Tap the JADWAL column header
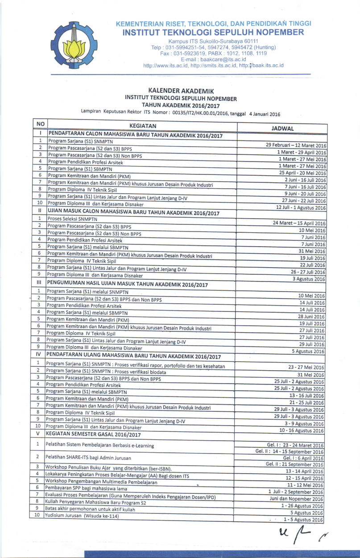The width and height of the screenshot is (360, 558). click(x=282, y=128)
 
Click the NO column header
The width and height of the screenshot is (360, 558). click(x=40, y=124)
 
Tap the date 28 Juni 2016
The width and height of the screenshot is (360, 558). click(x=312, y=317)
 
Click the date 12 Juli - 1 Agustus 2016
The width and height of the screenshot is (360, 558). click(x=301, y=208)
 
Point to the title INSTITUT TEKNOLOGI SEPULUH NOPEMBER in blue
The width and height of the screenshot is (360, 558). click(x=213, y=32)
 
